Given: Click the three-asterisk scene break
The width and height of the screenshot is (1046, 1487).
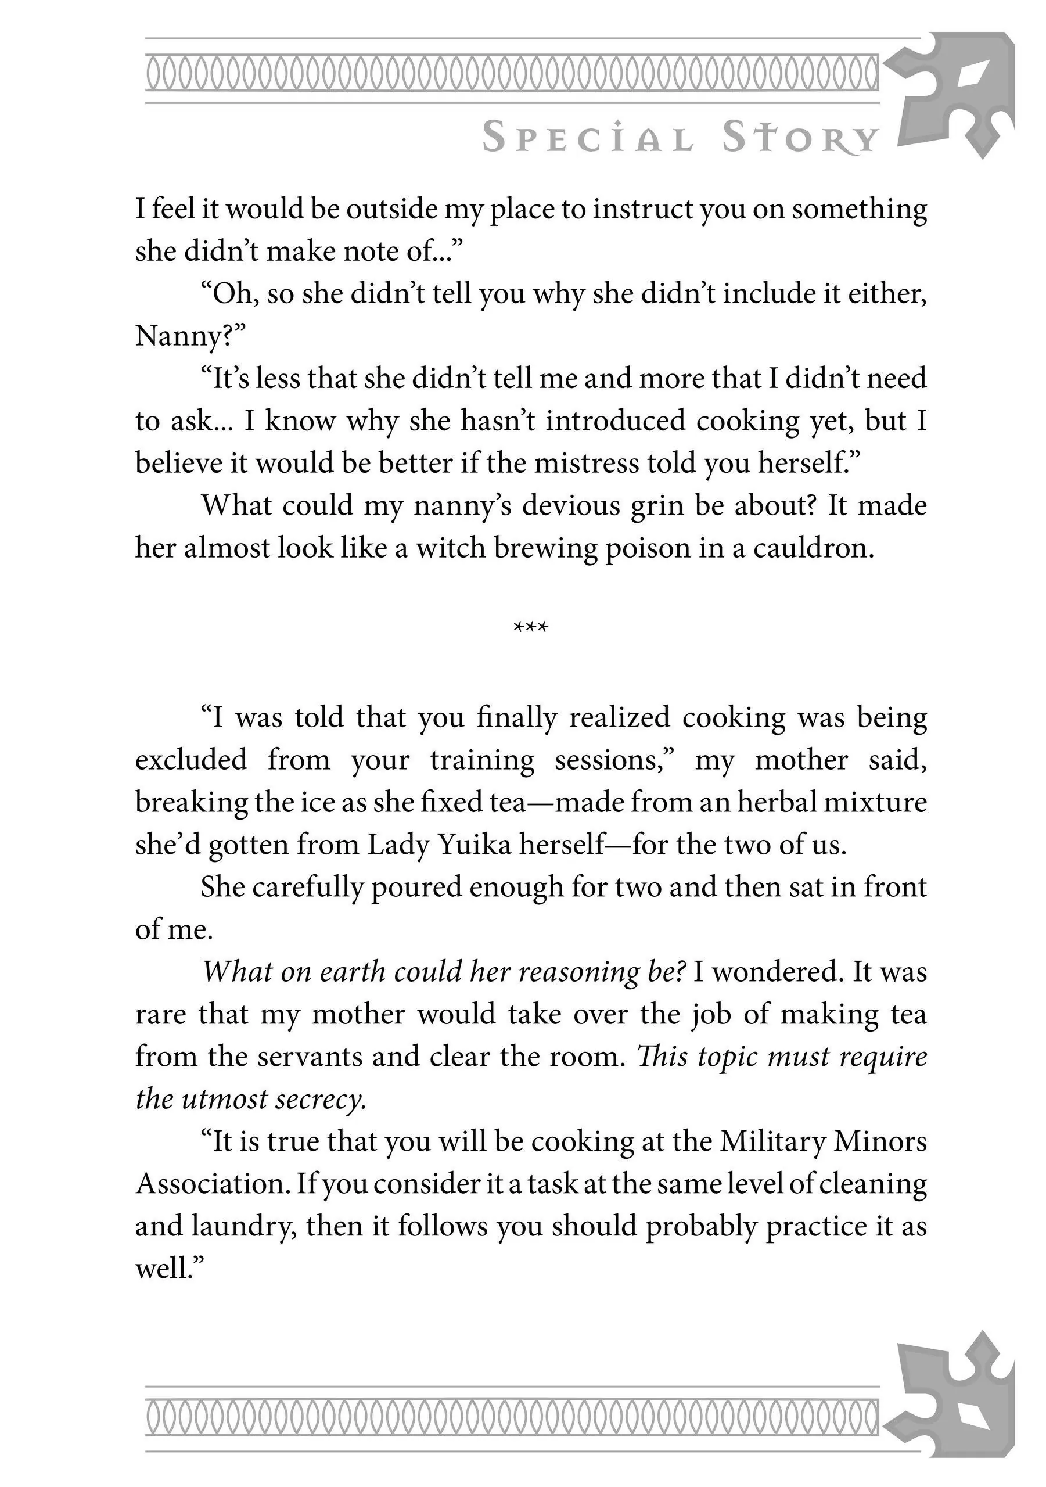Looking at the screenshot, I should (x=530, y=627).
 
